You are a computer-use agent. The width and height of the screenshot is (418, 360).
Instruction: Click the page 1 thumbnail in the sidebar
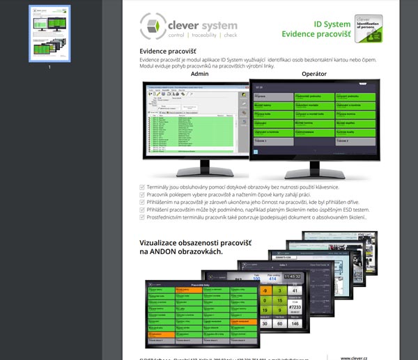click(x=49, y=33)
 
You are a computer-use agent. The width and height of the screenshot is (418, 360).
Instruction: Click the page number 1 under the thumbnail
click(x=49, y=67)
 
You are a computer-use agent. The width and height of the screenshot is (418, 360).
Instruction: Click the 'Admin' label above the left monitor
click(x=199, y=73)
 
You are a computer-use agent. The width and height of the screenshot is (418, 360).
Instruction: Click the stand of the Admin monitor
click(x=200, y=166)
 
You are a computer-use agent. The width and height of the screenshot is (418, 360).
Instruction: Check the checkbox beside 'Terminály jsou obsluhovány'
click(x=143, y=187)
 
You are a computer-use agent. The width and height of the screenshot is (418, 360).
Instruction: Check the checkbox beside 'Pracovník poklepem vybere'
click(x=143, y=195)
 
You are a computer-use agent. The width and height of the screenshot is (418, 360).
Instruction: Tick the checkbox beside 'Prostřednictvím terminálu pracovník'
click(x=143, y=217)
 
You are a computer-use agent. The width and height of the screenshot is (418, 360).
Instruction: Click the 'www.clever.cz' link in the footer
click(x=355, y=357)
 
